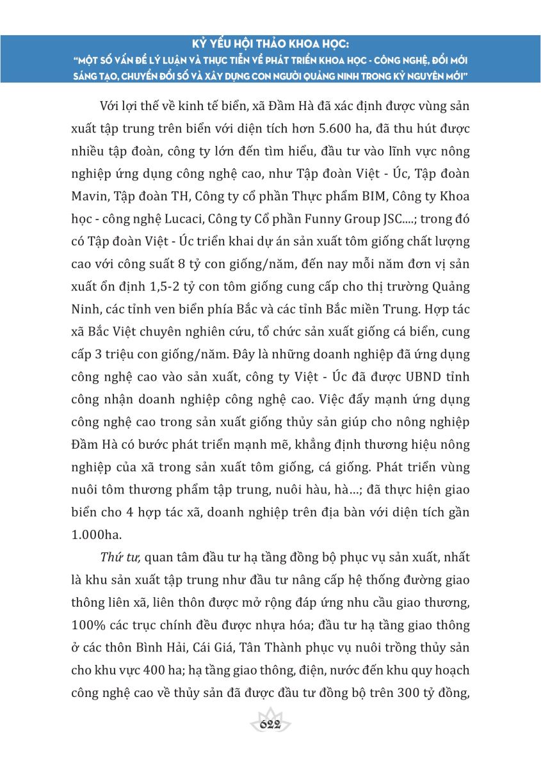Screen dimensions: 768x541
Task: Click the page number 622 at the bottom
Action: (271, 724)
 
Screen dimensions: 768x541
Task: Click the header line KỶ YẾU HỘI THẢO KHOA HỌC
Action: (271, 45)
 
